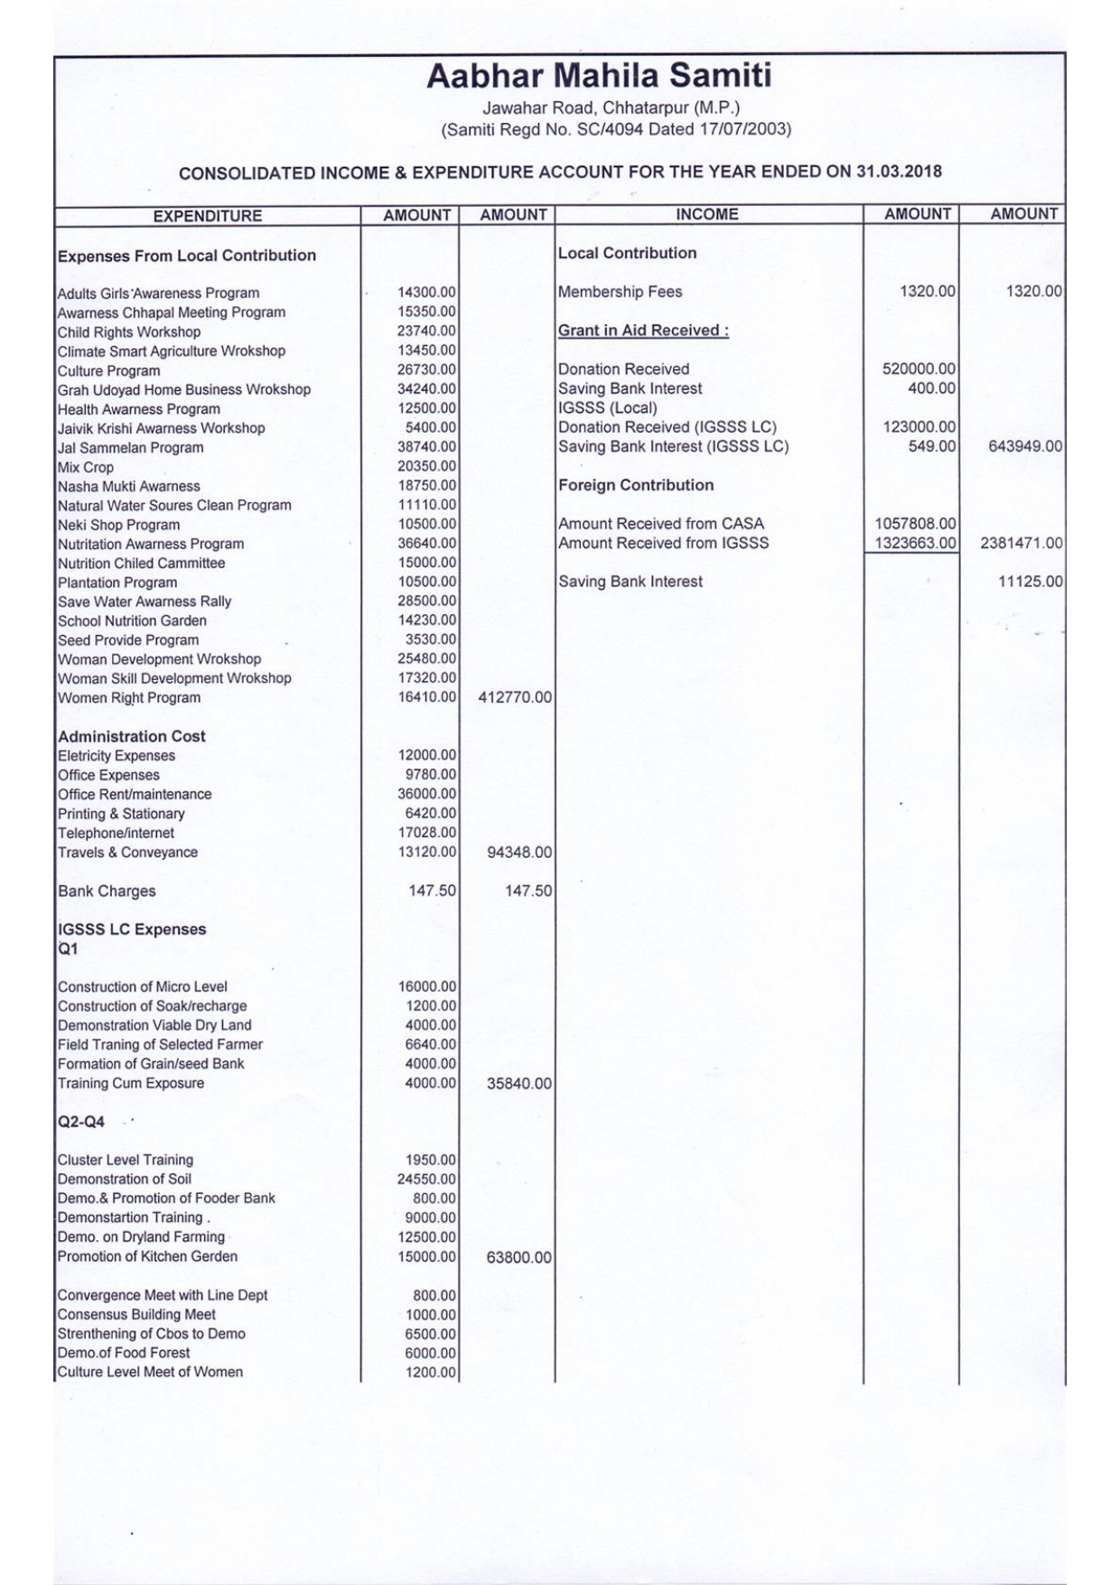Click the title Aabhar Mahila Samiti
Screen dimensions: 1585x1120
click(599, 76)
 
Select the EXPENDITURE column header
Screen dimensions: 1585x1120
click(207, 216)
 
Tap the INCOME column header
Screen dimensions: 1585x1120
click(707, 214)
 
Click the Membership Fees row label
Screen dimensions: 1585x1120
click(620, 292)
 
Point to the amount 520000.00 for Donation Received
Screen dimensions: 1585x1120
click(919, 369)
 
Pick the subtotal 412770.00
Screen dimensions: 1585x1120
click(514, 698)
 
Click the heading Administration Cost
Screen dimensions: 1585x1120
click(132, 736)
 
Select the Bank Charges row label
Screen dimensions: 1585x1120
click(107, 891)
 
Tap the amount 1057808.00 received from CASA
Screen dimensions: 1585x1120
click(915, 524)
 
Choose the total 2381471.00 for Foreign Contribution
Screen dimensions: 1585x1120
click(1021, 544)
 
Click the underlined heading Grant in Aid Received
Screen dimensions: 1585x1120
click(643, 331)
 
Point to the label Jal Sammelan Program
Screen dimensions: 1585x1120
click(131, 448)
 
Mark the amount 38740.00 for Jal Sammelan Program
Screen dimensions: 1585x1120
click(426, 447)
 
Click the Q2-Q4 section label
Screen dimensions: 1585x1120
click(81, 1122)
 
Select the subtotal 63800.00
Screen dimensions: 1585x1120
click(518, 1257)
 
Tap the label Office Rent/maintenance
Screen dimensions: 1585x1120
click(135, 795)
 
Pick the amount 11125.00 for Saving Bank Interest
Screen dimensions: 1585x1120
click(1030, 583)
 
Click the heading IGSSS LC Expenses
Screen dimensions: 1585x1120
click(132, 929)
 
